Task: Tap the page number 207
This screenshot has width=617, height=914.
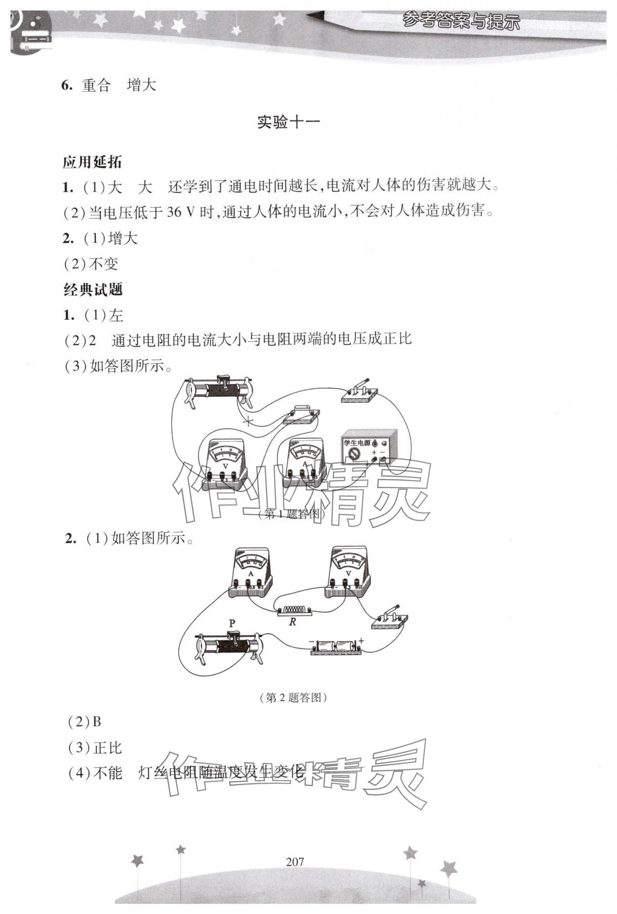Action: click(x=295, y=862)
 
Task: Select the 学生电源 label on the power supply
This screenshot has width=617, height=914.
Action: click(x=357, y=443)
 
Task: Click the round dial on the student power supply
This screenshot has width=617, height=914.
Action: click(x=353, y=454)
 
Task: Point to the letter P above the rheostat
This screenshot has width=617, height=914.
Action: click(x=232, y=623)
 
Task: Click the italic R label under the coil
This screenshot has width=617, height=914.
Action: click(x=292, y=622)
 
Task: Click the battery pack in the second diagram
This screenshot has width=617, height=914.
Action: click(x=336, y=647)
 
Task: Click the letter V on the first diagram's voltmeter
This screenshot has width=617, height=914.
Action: click(x=226, y=466)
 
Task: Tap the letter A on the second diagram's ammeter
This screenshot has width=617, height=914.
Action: click(x=251, y=573)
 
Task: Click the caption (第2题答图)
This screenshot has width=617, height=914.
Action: click(x=293, y=697)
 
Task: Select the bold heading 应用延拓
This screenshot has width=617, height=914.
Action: click(x=92, y=162)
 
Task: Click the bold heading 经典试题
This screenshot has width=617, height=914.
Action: click(x=93, y=290)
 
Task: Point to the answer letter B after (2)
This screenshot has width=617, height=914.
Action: click(x=97, y=722)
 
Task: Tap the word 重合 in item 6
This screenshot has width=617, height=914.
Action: click(x=96, y=85)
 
